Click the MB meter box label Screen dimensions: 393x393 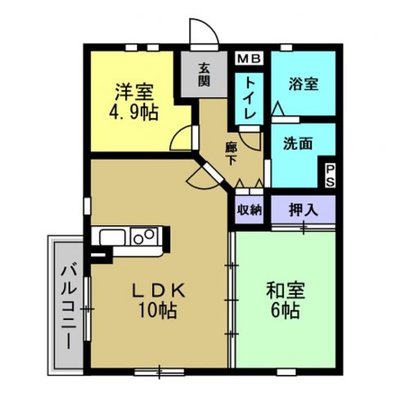coord(249,59)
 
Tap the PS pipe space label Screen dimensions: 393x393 coord(330,175)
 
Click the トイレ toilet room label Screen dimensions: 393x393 coord(250,98)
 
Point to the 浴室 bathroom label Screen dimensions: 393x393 coord(303,84)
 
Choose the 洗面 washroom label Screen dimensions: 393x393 coord(298,143)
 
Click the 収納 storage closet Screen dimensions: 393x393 coord(249,210)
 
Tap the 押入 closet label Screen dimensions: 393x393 coord(303,210)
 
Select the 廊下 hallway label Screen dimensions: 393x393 coord(231,154)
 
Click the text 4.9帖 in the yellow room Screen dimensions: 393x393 coord(133,112)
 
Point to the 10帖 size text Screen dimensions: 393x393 coord(158,310)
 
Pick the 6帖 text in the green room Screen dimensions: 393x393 coord(286,310)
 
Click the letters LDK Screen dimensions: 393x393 coord(158,291)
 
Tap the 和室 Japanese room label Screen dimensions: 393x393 coord(286,290)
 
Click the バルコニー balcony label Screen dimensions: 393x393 coord(69,305)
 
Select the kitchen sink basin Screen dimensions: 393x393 coord(112,237)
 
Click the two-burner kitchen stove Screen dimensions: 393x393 coord(144,237)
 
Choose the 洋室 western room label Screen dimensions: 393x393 coord(134,93)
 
